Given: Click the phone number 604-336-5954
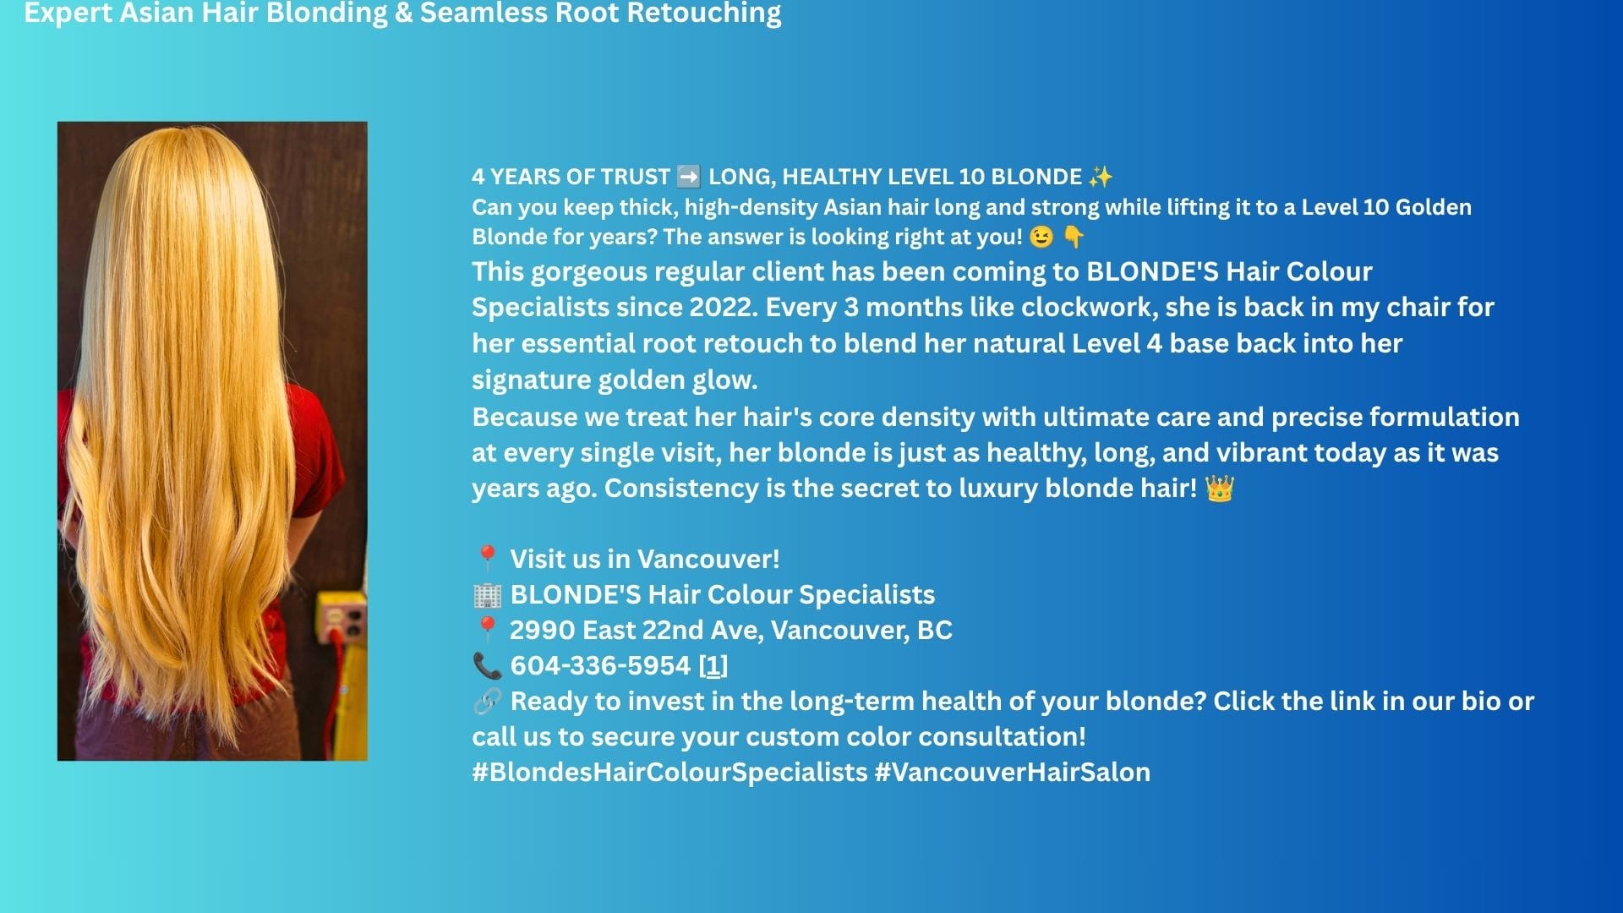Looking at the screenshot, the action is click(600, 666).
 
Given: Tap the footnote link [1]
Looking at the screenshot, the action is click(713, 666).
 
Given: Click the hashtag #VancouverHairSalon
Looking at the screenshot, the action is click(1012, 773).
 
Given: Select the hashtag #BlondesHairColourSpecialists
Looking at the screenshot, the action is click(669, 773).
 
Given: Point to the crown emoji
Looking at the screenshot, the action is click(1220, 489).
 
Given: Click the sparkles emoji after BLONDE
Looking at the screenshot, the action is click(1101, 177).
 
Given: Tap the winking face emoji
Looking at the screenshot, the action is click(1041, 237).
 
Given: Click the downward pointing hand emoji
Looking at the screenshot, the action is click(1074, 237).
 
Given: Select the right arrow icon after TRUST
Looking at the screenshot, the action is click(689, 177).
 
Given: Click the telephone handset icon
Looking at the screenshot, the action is click(487, 666).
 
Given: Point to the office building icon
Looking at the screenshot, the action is click(487, 595).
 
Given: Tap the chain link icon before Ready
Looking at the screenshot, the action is click(487, 701).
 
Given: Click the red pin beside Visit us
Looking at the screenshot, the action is click(487, 559).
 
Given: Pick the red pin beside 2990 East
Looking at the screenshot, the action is click(487, 630).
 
